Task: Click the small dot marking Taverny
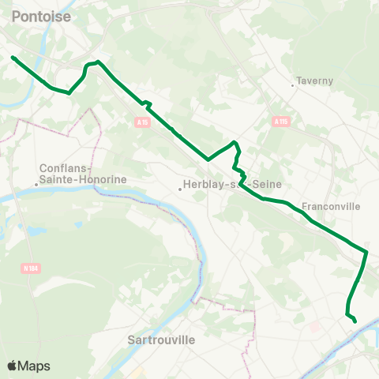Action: point(293,81)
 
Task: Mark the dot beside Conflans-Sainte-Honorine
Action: point(36,185)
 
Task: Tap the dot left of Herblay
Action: point(179,186)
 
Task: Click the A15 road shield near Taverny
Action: point(281,122)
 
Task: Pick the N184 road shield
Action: point(29,268)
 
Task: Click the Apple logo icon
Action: point(13,366)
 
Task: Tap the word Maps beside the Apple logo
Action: point(35,366)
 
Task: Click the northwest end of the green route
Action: point(13,57)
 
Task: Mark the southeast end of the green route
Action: point(355,321)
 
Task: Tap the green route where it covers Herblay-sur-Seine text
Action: point(246,186)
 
